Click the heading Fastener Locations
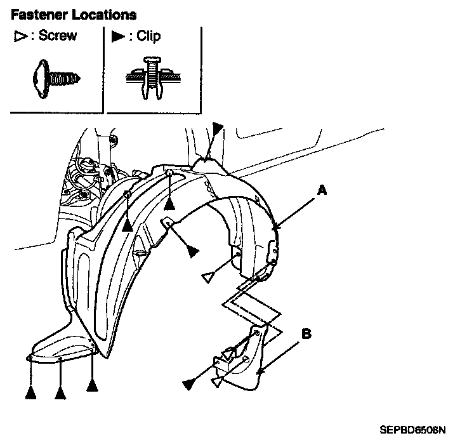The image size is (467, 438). [x=74, y=13]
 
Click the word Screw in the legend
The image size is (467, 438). [x=57, y=36]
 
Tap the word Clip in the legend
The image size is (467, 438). [x=148, y=36]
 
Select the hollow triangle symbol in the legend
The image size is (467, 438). [x=19, y=37]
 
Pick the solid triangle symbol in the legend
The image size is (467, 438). [x=118, y=37]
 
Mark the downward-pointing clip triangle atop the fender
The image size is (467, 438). [x=218, y=128]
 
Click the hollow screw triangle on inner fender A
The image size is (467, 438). [x=207, y=277]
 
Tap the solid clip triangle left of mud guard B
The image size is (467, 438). [x=188, y=383]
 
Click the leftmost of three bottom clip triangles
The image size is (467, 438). [x=30, y=393]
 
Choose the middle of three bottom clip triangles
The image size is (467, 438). [x=61, y=393]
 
